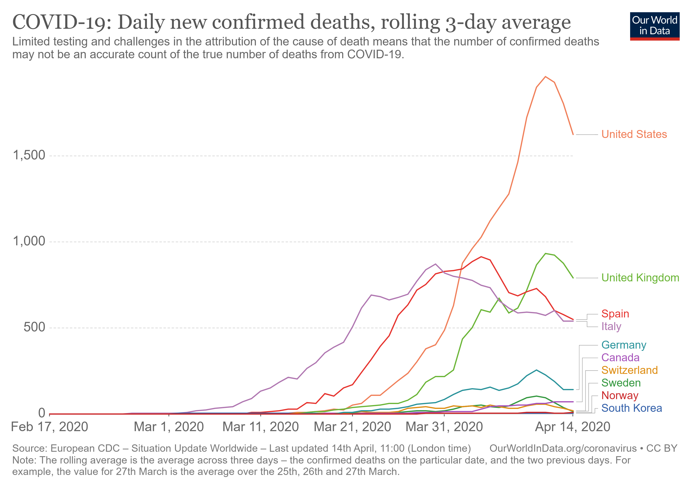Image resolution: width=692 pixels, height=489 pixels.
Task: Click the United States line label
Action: coord(634,134)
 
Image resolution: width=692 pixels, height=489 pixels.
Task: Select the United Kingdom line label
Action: coord(640,278)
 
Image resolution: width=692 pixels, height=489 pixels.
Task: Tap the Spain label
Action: coord(615,314)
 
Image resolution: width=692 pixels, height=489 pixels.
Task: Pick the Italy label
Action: coord(611,326)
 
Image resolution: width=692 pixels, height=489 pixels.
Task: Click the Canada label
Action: coord(620,357)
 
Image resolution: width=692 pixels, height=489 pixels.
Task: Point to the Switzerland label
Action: coord(630,370)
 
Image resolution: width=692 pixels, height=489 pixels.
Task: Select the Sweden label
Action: coord(621,383)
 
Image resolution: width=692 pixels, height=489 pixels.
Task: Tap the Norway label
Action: coord(620,395)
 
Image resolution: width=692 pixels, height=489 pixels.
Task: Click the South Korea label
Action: coord(632,408)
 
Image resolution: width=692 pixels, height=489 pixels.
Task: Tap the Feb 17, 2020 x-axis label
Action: coord(49,427)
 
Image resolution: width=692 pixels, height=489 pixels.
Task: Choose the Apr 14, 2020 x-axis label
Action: coord(573,427)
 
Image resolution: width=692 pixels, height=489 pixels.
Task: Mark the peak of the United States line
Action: coord(545,77)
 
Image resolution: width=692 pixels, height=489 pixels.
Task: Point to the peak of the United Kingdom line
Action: coord(545,253)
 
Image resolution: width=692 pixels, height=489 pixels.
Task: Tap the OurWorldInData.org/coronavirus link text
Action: coord(563,448)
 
